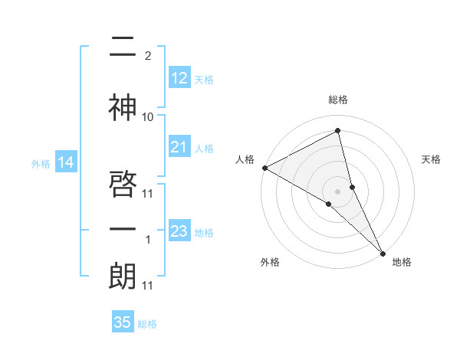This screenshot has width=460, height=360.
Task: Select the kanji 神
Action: [x=123, y=108]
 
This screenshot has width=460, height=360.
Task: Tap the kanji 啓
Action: [x=123, y=184]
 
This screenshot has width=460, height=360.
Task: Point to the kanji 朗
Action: [x=123, y=277]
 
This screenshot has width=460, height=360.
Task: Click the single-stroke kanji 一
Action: [x=123, y=230]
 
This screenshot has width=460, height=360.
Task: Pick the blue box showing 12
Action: [x=179, y=78]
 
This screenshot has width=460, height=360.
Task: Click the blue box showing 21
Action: [x=179, y=147]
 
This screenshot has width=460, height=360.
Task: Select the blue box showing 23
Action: [x=179, y=231]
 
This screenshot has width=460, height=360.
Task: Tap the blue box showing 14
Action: [x=66, y=162]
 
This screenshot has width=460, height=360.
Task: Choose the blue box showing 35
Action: [x=123, y=322]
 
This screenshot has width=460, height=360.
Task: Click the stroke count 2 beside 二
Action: [x=147, y=56]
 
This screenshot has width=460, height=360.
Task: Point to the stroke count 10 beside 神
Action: [x=148, y=117]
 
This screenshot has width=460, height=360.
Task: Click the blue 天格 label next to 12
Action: [x=204, y=79]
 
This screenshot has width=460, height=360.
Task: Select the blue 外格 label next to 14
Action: [x=41, y=163]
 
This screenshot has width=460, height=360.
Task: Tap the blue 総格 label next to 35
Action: [x=147, y=324]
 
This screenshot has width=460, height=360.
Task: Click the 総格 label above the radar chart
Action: [x=338, y=100]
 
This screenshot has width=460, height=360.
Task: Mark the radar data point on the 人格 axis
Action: [x=264, y=168]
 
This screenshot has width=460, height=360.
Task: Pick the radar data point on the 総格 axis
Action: [x=338, y=131]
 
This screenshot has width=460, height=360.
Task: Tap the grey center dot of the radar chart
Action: [x=337, y=190]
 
